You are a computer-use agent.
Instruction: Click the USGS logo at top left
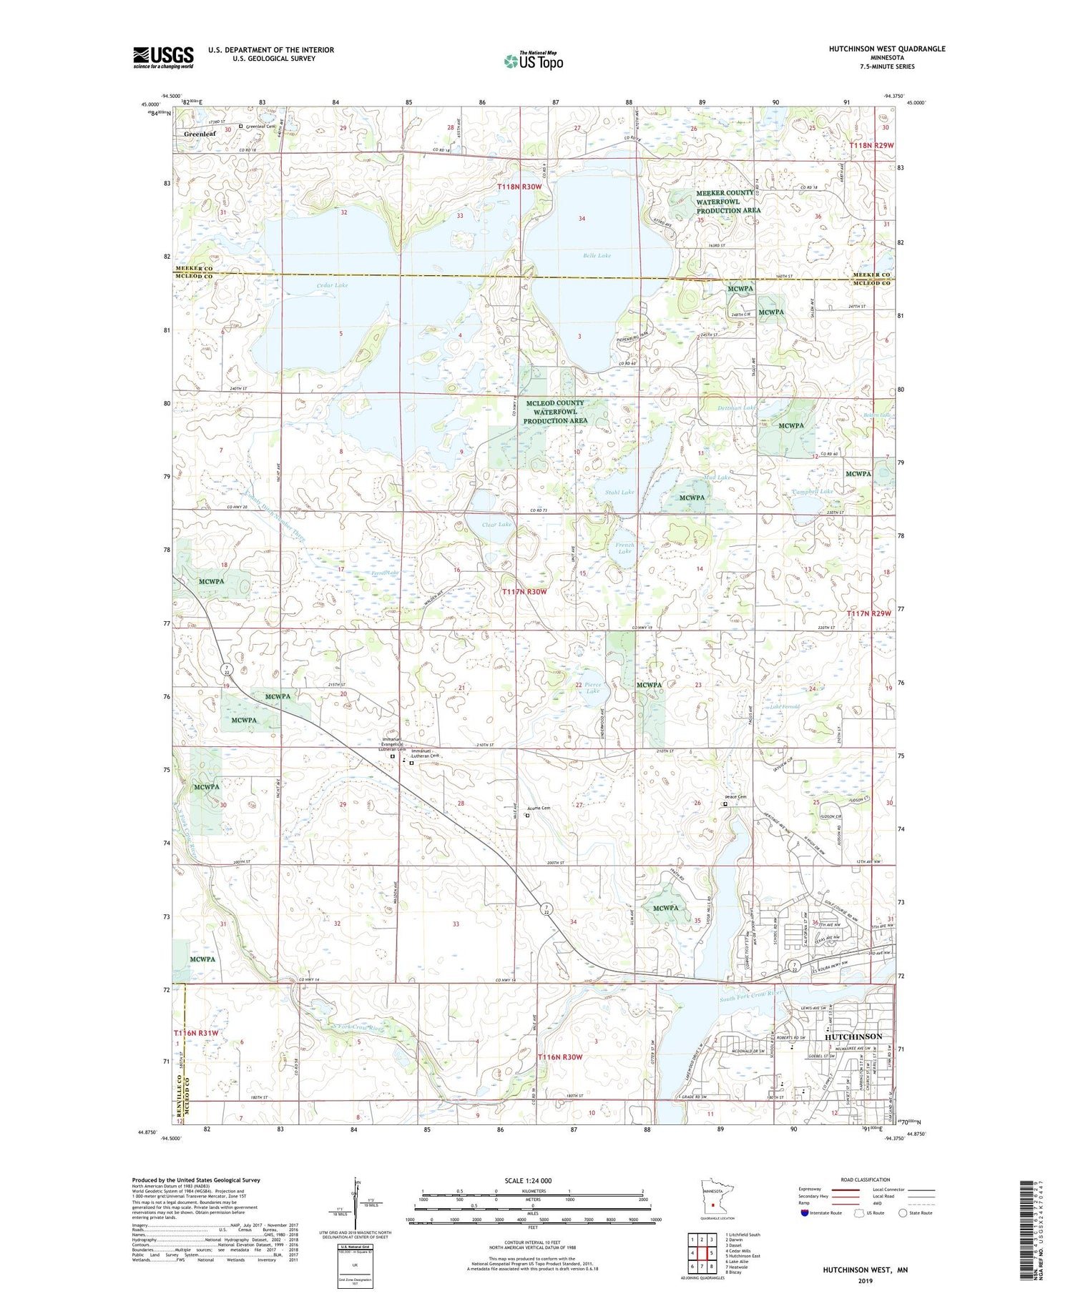(x=163, y=57)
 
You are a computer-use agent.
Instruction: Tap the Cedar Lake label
(x=333, y=285)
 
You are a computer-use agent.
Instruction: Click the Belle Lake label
(x=597, y=255)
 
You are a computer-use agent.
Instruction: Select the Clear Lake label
(x=496, y=525)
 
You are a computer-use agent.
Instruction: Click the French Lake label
(x=625, y=548)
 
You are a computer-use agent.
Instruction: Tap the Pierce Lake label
(x=592, y=688)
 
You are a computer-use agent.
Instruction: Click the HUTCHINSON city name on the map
(x=853, y=1036)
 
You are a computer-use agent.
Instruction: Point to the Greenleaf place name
(x=200, y=134)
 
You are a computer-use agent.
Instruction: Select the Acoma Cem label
(x=538, y=808)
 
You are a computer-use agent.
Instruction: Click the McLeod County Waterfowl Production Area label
(x=555, y=412)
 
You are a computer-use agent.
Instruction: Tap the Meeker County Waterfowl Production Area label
(x=725, y=202)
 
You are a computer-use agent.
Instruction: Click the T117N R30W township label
(x=524, y=592)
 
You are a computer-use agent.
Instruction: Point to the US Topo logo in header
(x=532, y=61)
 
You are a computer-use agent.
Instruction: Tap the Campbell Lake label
(x=813, y=492)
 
